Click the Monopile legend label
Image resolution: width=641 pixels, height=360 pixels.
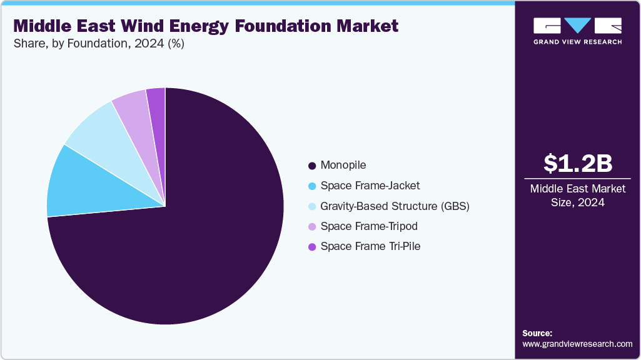coord(343,166)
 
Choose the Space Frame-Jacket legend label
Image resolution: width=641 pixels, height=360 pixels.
coord(370,186)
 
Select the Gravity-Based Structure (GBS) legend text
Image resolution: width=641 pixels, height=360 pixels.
coord(395,206)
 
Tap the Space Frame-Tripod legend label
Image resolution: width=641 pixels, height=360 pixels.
coord(368,226)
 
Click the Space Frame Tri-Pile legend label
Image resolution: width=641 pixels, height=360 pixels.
coord(370,246)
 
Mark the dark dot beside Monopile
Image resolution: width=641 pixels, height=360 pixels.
coord(311,166)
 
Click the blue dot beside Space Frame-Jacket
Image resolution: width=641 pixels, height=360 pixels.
coord(311,186)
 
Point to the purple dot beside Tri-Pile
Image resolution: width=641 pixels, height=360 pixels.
coord(311,247)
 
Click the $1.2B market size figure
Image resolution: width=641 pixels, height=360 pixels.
coord(577,163)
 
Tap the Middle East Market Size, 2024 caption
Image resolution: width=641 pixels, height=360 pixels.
coord(577,195)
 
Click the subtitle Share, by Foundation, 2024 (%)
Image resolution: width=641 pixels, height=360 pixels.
coord(99,44)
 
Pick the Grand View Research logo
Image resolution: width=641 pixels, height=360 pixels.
coord(577,31)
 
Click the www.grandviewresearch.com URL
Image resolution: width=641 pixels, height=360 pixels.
coord(577,344)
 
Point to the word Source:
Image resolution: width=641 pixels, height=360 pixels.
coord(537,333)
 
